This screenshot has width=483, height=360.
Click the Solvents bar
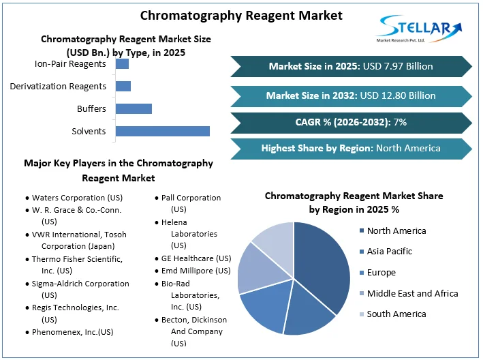click(x=162, y=131)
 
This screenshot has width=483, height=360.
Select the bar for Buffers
click(x=134, y=108)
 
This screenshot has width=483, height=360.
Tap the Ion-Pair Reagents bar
click(x=122, y=64)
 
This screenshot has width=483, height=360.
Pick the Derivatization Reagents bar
click(x=123, y=86)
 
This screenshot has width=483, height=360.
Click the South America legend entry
click(x=396, y=314)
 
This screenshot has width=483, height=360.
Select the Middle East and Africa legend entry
click(x=412, y=293)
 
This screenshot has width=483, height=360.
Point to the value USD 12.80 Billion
click(x=399, y=95)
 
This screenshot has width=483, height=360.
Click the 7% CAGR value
click(x=400, y=122)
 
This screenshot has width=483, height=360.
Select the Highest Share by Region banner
click(x=351, y=148)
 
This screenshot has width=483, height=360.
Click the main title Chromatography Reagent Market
click(x=241, y=15)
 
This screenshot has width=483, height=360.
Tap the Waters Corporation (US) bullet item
click(x=73, y=198)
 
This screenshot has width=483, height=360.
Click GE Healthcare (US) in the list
click(x=196, y=258)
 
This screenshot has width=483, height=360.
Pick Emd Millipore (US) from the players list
click(x=196, y=271)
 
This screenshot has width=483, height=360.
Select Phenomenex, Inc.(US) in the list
click(x=73, y=332)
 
